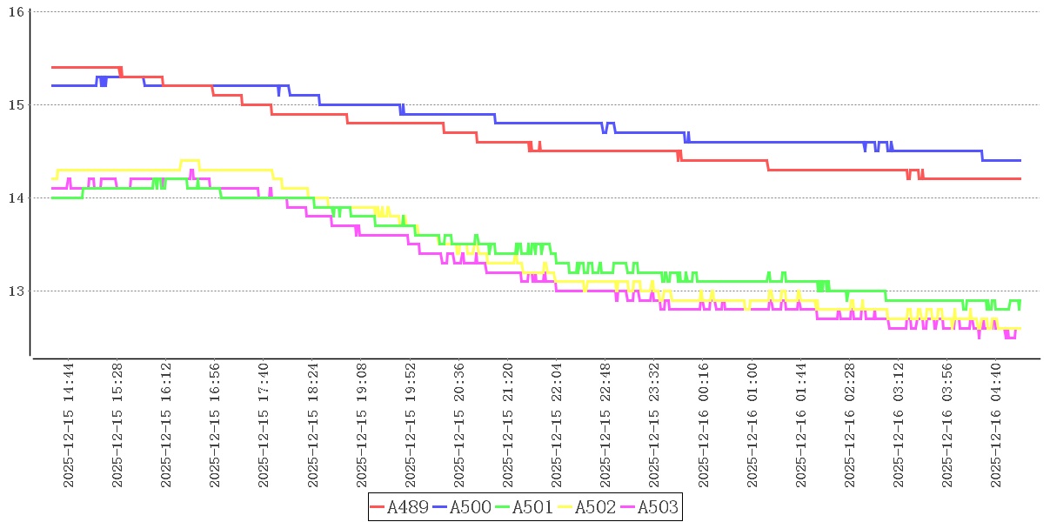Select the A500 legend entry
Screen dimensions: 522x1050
click(470, 507)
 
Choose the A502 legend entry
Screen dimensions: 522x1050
click(595, 507)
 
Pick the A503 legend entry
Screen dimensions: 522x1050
click(657, 507)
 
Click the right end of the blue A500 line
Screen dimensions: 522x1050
click(1020, 160)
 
